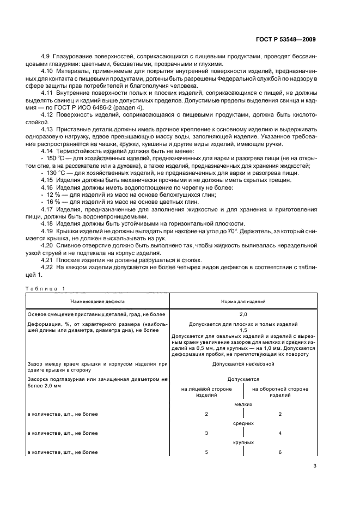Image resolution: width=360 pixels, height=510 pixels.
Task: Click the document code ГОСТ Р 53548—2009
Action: coord(285,39)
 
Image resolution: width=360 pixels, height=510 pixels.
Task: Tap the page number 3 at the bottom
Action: coord(315,465)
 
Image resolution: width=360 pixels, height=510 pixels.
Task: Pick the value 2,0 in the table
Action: coord(243,314)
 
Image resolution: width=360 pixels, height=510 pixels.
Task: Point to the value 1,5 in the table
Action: coord(243,330)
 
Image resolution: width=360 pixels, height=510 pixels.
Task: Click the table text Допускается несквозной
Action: coord(243,363)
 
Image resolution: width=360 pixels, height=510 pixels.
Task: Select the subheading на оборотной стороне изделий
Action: coord(280,392)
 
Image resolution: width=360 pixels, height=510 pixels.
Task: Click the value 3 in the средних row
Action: coord(206,433)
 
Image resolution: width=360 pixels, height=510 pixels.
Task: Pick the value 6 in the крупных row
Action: coord(280,452)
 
